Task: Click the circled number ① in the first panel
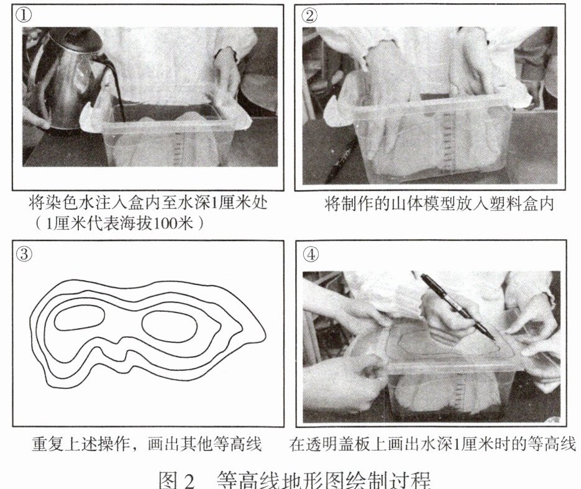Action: point(24,15)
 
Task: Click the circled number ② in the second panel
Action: point(309,15)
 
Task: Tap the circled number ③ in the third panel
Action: point(24,254)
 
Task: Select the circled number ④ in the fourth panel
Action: point(311,255)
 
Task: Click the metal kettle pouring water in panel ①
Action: point(70,78)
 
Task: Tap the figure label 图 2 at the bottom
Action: point(176,480)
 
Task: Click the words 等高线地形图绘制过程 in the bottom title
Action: point(324,480)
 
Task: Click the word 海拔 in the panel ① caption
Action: point(135,224)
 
